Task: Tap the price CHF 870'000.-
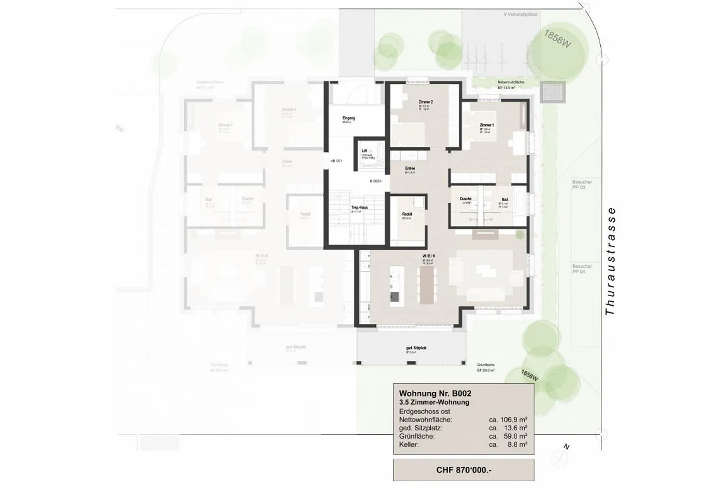click(463, 470)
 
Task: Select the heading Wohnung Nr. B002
click(435, 394)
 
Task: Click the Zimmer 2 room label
click(425, 102)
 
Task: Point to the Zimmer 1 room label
click(487, 126)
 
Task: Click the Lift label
click(364, 151)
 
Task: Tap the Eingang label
click(349, 118)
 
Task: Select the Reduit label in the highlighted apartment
click(407, 214)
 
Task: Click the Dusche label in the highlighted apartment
click(465, 199)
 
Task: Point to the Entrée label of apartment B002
click(410, 169)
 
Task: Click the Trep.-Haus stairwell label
click(359, 208)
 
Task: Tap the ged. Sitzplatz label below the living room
click(415, 348)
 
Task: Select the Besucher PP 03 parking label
click(582, 184)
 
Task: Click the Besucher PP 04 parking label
click(582, 269)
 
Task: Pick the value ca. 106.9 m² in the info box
click(508, 420)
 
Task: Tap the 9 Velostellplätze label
click(520, 15)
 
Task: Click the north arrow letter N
click(567, 447)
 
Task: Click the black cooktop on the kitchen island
click(394, 296)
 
